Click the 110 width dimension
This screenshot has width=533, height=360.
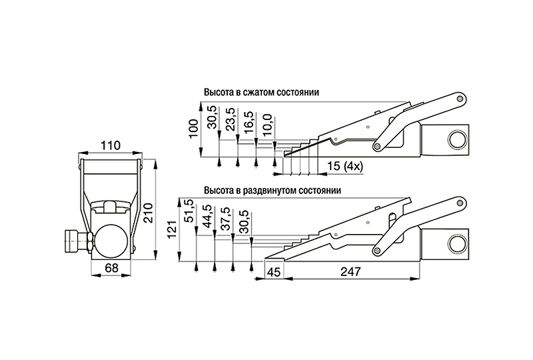111,145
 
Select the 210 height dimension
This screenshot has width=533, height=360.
148,213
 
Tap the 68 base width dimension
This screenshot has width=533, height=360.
111,268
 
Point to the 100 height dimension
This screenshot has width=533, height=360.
194,128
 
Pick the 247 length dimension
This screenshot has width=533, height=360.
350,271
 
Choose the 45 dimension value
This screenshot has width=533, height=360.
274,272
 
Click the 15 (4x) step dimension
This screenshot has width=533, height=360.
345,166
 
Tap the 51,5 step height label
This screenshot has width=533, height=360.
189,211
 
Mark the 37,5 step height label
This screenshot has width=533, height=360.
225,219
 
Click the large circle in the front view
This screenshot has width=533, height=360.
112,241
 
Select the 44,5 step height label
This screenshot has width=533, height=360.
207,215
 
